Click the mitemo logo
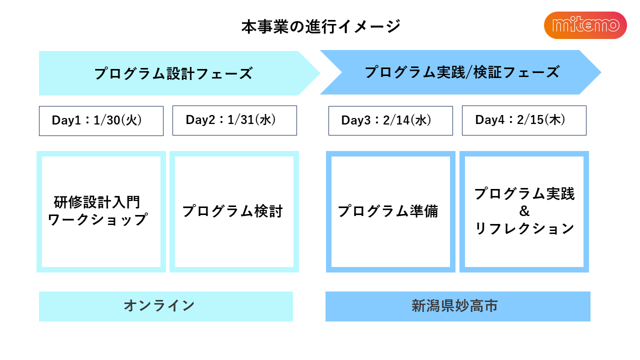pos(585,25)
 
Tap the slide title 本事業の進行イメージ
pos(321,26)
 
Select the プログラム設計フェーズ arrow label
pos(173,73)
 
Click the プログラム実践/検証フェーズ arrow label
pos(462,72)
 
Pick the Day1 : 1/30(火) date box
pos(101,121)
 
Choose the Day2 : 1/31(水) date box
pos(234,120)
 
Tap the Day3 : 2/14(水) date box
pos(390,120)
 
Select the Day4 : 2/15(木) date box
pos(524,120)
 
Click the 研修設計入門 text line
pos(97,202)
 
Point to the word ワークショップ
pos(97,219)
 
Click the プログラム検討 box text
pos(232,211)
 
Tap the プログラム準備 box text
pos(387,211)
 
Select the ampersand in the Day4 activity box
pos(524,211)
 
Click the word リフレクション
pos(524,228)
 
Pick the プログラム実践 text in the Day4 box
pos(524,193)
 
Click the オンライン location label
pos(159,305)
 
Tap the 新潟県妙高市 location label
pos(454,305)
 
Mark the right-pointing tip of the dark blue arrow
pos(601,72)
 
